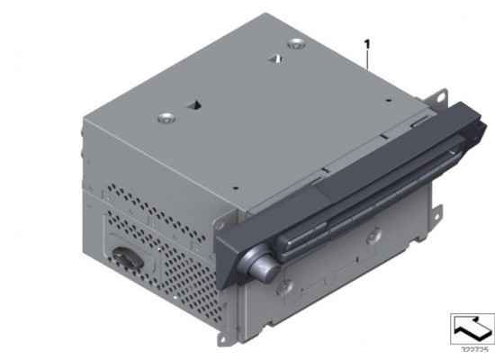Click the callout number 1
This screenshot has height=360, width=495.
pos(367,42)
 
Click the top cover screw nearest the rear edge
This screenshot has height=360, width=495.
pos(295,46)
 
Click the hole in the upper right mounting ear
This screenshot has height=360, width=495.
pos(440,91)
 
